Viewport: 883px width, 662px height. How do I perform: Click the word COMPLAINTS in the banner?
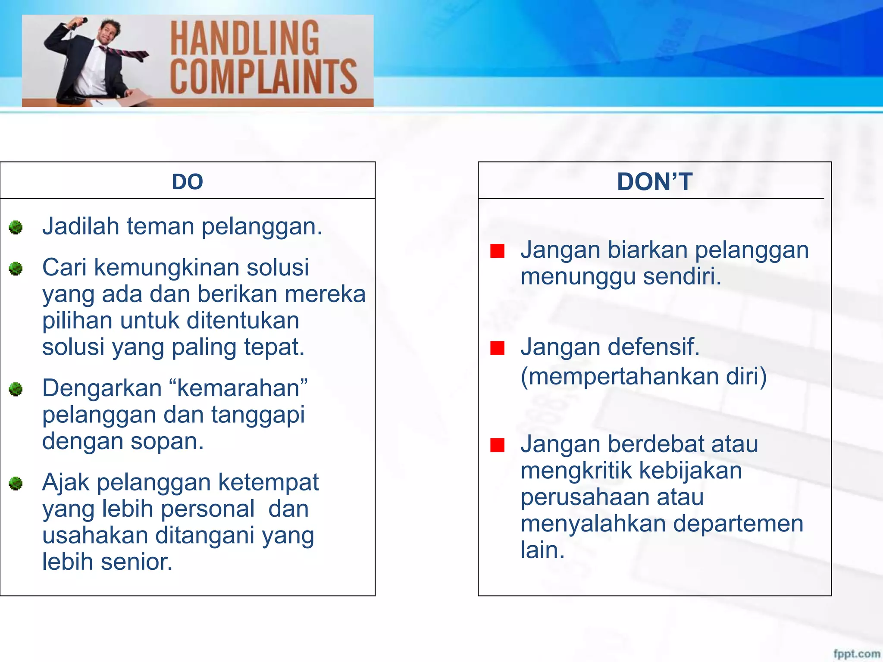263,77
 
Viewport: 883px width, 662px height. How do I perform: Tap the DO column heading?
188,181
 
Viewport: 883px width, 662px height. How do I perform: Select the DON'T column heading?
654,181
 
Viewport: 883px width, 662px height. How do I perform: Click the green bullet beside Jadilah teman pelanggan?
16,227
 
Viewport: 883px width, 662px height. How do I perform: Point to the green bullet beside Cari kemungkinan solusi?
16,269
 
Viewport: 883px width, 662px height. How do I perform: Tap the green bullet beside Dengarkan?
16,389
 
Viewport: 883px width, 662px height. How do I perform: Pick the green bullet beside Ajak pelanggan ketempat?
16,483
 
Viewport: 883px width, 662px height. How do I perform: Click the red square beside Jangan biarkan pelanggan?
497,251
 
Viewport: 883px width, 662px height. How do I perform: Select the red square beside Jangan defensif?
497,348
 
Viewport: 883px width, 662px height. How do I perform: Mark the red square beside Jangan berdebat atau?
497,445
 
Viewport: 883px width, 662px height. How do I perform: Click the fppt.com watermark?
856,653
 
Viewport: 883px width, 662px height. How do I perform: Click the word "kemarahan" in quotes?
242,388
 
